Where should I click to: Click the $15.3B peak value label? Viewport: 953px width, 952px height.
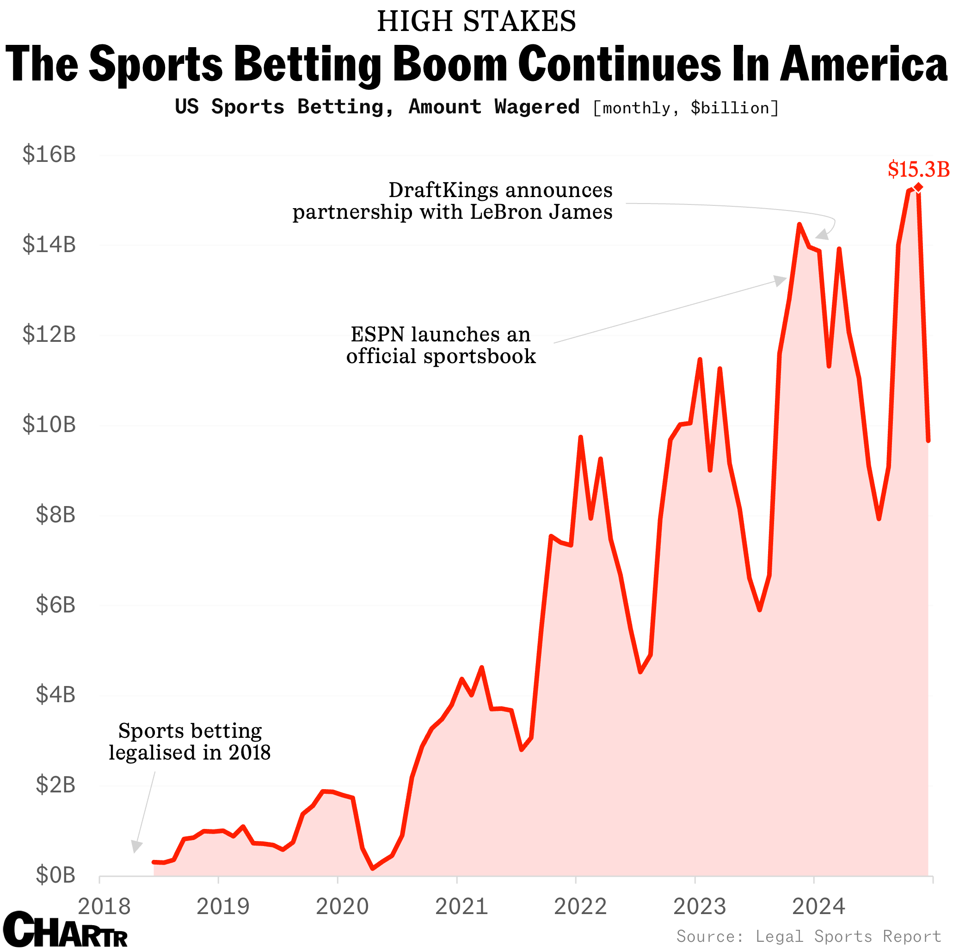pyautogui.click(x=918, y=169)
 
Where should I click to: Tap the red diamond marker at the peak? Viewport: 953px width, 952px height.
pyautogui.click(x=918, y=187)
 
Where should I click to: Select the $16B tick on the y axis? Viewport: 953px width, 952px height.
pyautogui.click(x=49, y=155)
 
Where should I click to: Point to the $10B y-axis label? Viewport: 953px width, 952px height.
pyautogui.click(x=49, y=425)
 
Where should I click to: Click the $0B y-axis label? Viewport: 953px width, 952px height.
pyautogui.click(x=55, y=875)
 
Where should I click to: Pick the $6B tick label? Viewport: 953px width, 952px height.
pyautogui.click(x=55, y=605)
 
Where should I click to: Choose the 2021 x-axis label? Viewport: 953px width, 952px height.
pyautogui.click(x=461, y=906)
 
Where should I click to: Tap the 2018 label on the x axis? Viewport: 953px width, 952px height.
pyautogui.click(x=104, y=906)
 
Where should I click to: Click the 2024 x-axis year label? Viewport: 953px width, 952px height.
pyautogui.click(x=818, y=906)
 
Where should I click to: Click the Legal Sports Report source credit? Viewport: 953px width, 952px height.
pyautogui.click(x=809, y=936)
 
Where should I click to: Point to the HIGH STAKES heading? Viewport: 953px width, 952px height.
pyautogui.click(x=476, y=21)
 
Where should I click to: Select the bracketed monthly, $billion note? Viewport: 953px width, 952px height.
pyautogui.click(x=686, y=108)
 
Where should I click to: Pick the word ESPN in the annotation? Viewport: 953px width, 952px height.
pyautogui.click(x=377, y=334)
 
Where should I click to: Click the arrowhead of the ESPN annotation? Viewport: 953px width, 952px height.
pyautogui.click(x=781, y=281)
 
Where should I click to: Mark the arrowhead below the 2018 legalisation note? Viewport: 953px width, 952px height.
pyautogui.click(x=136, y=846)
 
